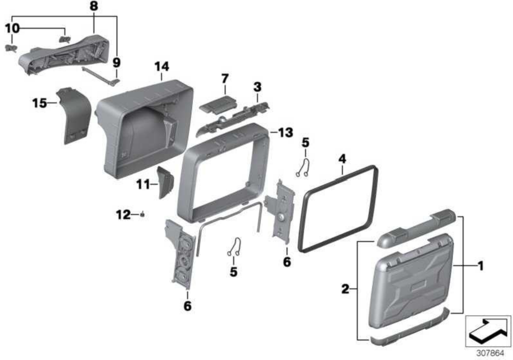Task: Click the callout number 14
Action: click(162, 67)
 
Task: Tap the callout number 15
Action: click(39, 103)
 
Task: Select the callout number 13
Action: click(285, 133)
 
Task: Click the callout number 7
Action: click(225, 79)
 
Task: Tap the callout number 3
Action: click(257, 87)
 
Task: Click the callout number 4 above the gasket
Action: click(342, 159)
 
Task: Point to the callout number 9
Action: click(116, 62)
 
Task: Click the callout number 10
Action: click(12, 29)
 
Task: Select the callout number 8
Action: click(94, 6)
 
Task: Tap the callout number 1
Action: click(481, 266)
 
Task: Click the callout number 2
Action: click(345, 289)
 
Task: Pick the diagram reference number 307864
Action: click(490, 353)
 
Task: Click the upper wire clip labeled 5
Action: click(303, 168)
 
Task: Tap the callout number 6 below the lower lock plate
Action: click(188, 306)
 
